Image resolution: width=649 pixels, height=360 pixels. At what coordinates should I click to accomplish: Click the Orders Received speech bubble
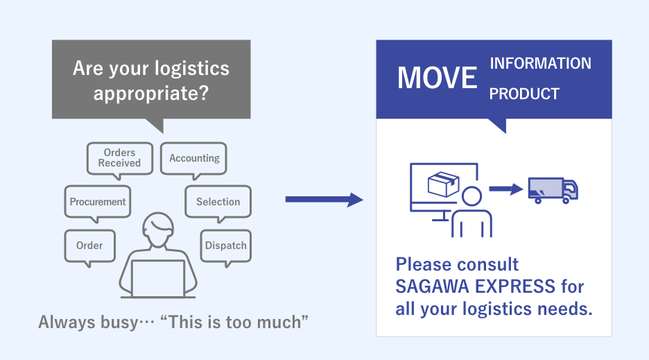(x=119, y=158)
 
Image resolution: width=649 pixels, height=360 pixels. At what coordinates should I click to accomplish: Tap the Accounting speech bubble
(x=194, y=158)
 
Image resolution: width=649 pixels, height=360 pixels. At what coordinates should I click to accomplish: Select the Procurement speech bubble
(x=98, y=202)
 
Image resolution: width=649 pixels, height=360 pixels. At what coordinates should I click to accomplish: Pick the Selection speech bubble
(x=218, y=202)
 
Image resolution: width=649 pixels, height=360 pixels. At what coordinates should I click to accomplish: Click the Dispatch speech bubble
(x=225, y=246)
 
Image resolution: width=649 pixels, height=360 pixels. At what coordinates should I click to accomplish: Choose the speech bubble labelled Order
(x=89, y=246)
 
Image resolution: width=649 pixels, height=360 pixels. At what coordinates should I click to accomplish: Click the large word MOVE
(x=437, y=78)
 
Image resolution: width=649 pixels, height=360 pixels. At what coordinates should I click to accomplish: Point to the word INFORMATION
(x=540, y=64)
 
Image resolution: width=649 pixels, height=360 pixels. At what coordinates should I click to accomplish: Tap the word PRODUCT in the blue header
(x=524, y=94)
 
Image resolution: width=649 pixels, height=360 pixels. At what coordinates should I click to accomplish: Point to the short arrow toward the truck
(x=505, y=189)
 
